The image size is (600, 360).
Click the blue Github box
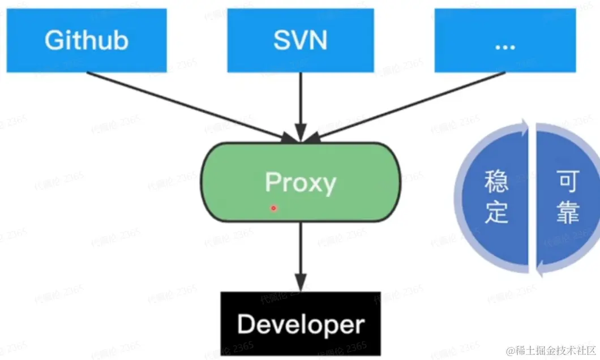(x=87, y=40)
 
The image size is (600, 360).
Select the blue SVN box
(x=300, y=40)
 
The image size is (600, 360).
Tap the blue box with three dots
(x=501, y=40)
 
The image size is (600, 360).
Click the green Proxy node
(x=300, y=181)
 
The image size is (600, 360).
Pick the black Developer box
(x=300, y=323)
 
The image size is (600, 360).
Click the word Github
(x=87, y=40)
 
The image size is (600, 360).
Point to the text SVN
(x=300, y=40)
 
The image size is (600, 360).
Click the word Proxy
(x=300, y=182)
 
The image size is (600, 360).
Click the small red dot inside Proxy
(x=273, y=208)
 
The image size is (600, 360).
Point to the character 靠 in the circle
(x=567, y=213)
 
